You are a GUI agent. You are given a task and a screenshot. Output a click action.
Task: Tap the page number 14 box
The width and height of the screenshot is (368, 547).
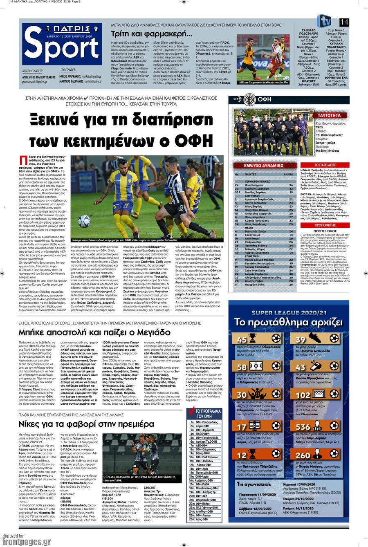(x=344, y=22)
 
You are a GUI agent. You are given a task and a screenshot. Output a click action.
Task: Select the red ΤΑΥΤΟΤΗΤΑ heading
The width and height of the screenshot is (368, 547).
(x=329, y=116)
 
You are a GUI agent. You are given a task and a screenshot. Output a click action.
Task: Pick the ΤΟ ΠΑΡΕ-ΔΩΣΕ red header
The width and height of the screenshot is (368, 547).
(x=325, y=165)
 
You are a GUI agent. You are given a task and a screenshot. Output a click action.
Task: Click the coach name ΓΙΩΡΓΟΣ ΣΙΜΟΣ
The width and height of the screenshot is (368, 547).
(x=325, y=231)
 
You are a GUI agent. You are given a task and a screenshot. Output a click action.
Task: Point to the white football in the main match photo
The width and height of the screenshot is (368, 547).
(x=84, y=221)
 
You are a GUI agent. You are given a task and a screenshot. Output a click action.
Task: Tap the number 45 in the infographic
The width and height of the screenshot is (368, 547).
(x=242, y=339)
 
